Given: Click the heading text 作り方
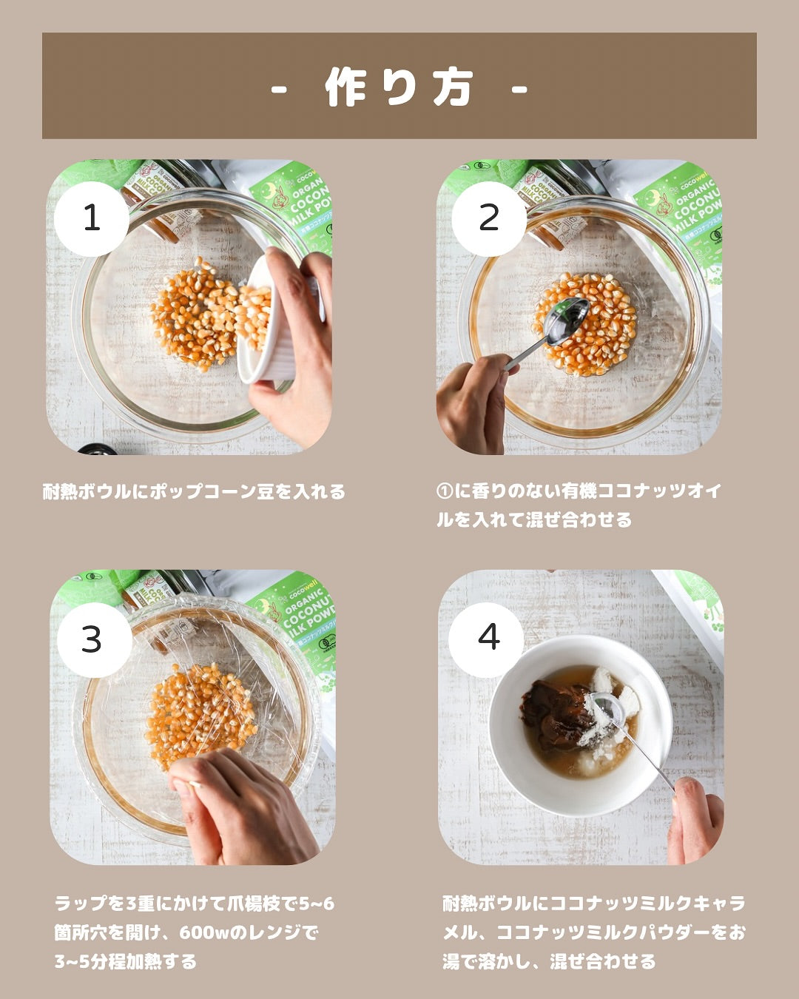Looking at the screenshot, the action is (x=399, y=87).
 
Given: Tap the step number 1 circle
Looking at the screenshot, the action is (x=92, y=218).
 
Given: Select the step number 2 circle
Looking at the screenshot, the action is (x=489, y=218).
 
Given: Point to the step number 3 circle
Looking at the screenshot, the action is (x=94, y=639).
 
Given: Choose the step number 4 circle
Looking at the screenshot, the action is (x=486, y=639).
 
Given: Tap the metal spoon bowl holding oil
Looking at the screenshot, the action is (x=567, y=321).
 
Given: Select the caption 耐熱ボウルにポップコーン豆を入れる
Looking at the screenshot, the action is (x=194, y=491).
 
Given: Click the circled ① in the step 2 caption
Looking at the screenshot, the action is (x=445, y=491).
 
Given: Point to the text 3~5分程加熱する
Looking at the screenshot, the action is (x=125, y=961).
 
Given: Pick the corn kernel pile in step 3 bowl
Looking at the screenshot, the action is (x=200, y=713).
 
